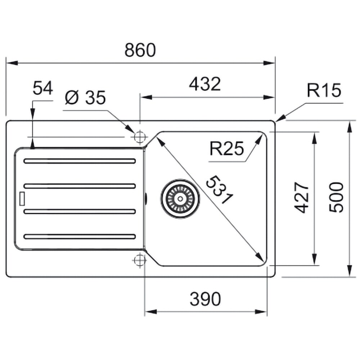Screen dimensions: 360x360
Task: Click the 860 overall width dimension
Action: pyautogui.click(x=140, y=50)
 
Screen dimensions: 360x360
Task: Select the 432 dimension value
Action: pyautogui.click(x=205, y=84)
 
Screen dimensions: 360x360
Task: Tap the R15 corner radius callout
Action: pyautogui.click(x=324, y=90)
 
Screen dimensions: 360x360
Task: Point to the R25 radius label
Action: pyautogui.click(x=226, y=149)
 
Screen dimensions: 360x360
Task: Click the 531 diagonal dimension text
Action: pyautogui.click(x=219, y=190)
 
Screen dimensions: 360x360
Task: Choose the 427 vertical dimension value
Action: pyautogui.click(x=302, y=198)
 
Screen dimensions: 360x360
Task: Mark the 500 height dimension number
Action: pyautogui.click(x=336, y=198)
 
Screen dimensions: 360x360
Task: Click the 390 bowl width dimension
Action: pyautogui.click(x=205, y=299)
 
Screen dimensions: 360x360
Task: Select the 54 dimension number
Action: pyautogui.click(x=43, y=88)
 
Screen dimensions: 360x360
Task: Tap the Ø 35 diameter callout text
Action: pyautogui.click(x=85, y=98)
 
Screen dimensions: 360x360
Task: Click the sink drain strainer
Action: pyautogui.click(x=180, y=198)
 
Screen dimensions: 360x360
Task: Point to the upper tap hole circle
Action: pyautogui.click(x=140, y=137)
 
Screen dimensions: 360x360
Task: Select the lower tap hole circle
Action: pyautogui.click(x=140, y=260)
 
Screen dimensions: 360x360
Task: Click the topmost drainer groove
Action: pyautogui.click(x=80, y=161)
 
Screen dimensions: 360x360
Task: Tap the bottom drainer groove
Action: pyautogui.click(x=80, y=237)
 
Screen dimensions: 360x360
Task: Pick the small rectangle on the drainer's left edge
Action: pyautogui.click(x=22, y=199)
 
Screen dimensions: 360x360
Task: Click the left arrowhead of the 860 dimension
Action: pyautogui.click(x=12, y=63)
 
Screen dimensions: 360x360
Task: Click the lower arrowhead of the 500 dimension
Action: pyautogui.click(x=350, y=271)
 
